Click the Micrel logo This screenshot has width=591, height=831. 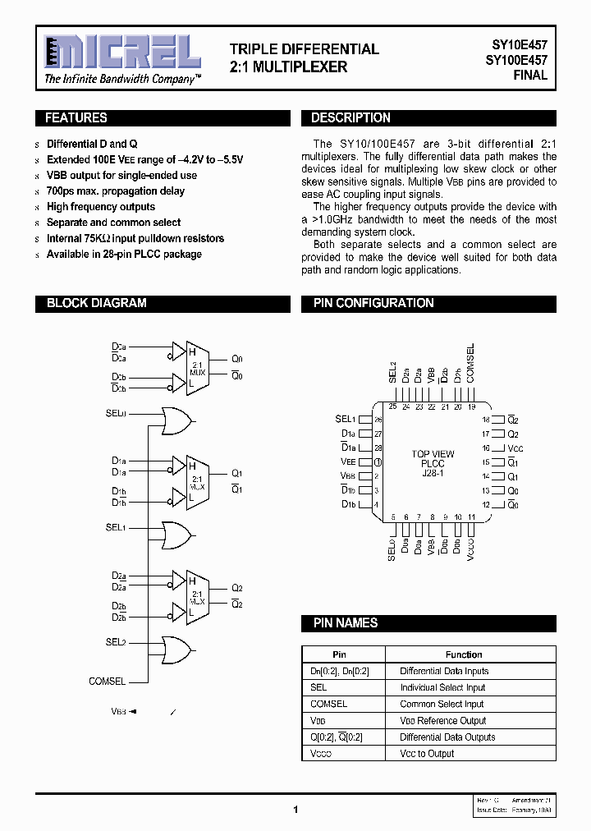121,53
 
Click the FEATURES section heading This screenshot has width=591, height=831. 76,118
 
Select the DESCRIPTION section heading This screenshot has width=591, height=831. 350,118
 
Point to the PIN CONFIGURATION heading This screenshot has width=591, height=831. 373,303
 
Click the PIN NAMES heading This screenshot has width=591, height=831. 346,623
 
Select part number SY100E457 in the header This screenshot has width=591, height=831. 516,61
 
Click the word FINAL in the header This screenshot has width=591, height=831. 530,75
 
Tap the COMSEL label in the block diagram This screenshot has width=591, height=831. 108,681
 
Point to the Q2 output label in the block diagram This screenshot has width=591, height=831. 237,588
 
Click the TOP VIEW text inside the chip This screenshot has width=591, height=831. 433,454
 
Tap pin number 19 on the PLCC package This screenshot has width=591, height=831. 472,406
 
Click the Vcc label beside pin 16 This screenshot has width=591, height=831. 515,448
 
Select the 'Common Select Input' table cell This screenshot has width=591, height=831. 442,704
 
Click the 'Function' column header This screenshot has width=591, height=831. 464,654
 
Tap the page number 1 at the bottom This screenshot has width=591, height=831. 295,810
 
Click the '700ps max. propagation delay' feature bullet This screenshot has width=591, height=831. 116,191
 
